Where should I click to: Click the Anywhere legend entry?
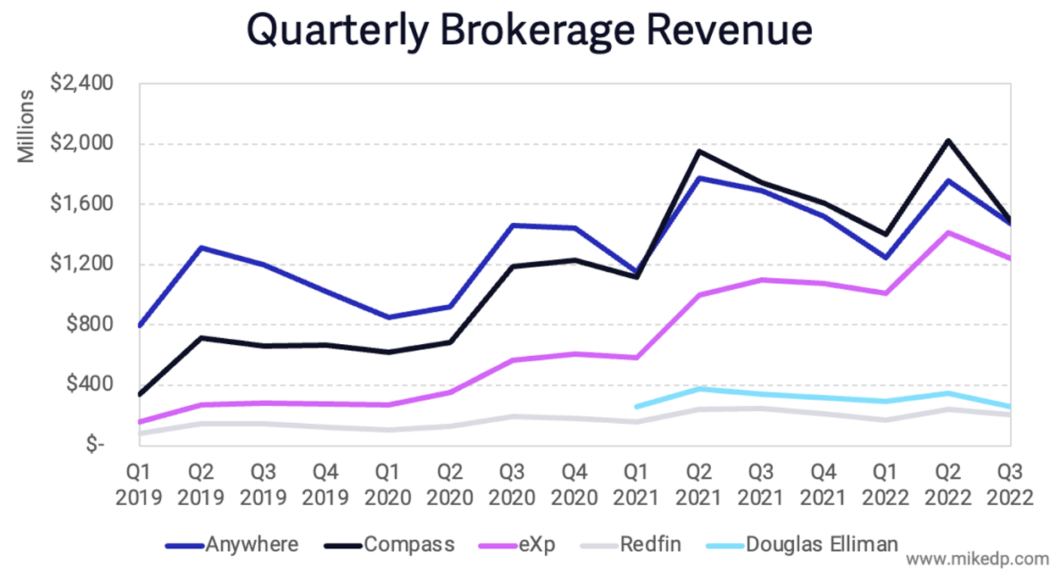point(252,544)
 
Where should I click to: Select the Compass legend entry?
point(409,544)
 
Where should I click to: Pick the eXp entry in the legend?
point(536,544)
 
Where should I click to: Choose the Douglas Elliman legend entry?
point(821,544)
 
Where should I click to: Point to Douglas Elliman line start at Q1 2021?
point(637,407)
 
